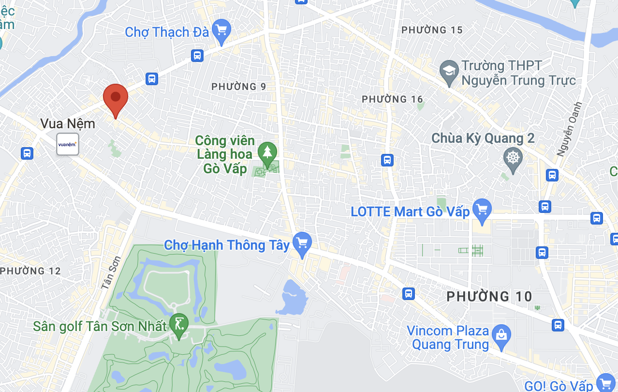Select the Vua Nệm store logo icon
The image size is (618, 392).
coord(68,144)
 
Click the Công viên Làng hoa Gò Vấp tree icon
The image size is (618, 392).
coord(267,152)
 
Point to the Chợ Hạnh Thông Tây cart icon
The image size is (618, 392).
coord(303,243)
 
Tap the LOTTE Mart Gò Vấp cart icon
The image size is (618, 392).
coord(482,210)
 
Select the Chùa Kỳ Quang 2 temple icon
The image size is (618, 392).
coord(513,158)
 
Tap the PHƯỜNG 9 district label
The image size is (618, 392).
coord(239,87)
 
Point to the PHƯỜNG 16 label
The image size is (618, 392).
coord(392,99)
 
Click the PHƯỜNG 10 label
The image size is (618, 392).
coord(489,296)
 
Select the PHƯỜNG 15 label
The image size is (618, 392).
coord(432,30)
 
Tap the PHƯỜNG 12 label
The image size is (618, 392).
coord(31,271)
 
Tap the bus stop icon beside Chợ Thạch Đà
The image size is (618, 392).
coord(197,55)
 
